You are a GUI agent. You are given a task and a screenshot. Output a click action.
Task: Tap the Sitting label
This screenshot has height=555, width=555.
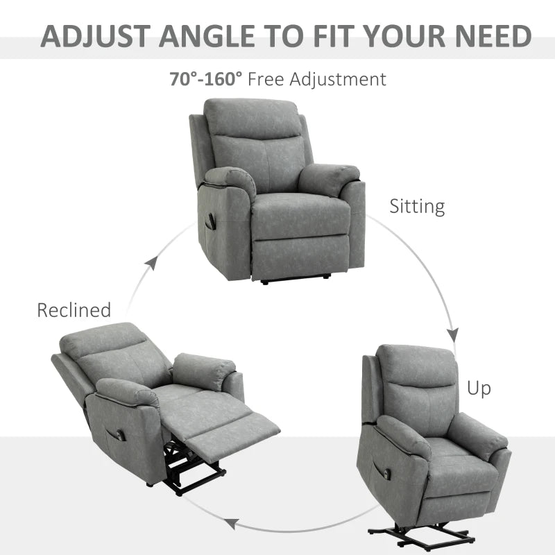pos(416,206)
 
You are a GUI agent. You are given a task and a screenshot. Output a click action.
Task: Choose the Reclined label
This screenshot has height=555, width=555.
pos(74,310)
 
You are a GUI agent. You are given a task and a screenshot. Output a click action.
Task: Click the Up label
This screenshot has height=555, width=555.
pos(478,388)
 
